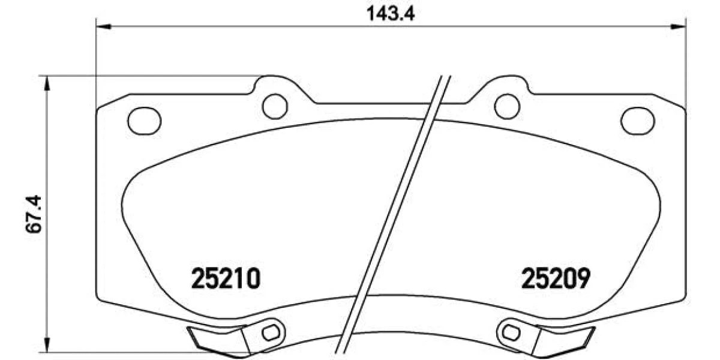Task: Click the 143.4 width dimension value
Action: [x=391, y=13]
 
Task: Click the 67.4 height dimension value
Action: [x=34, y=214]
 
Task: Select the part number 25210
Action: [x=226, y=278]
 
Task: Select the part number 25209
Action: [x=556, y=278]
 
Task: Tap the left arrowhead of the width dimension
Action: [x=103, y=26]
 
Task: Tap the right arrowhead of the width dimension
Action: [x=679, y=26]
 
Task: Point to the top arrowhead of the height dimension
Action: [x=47, y=83]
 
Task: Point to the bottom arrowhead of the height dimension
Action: [x=47, y=344]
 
